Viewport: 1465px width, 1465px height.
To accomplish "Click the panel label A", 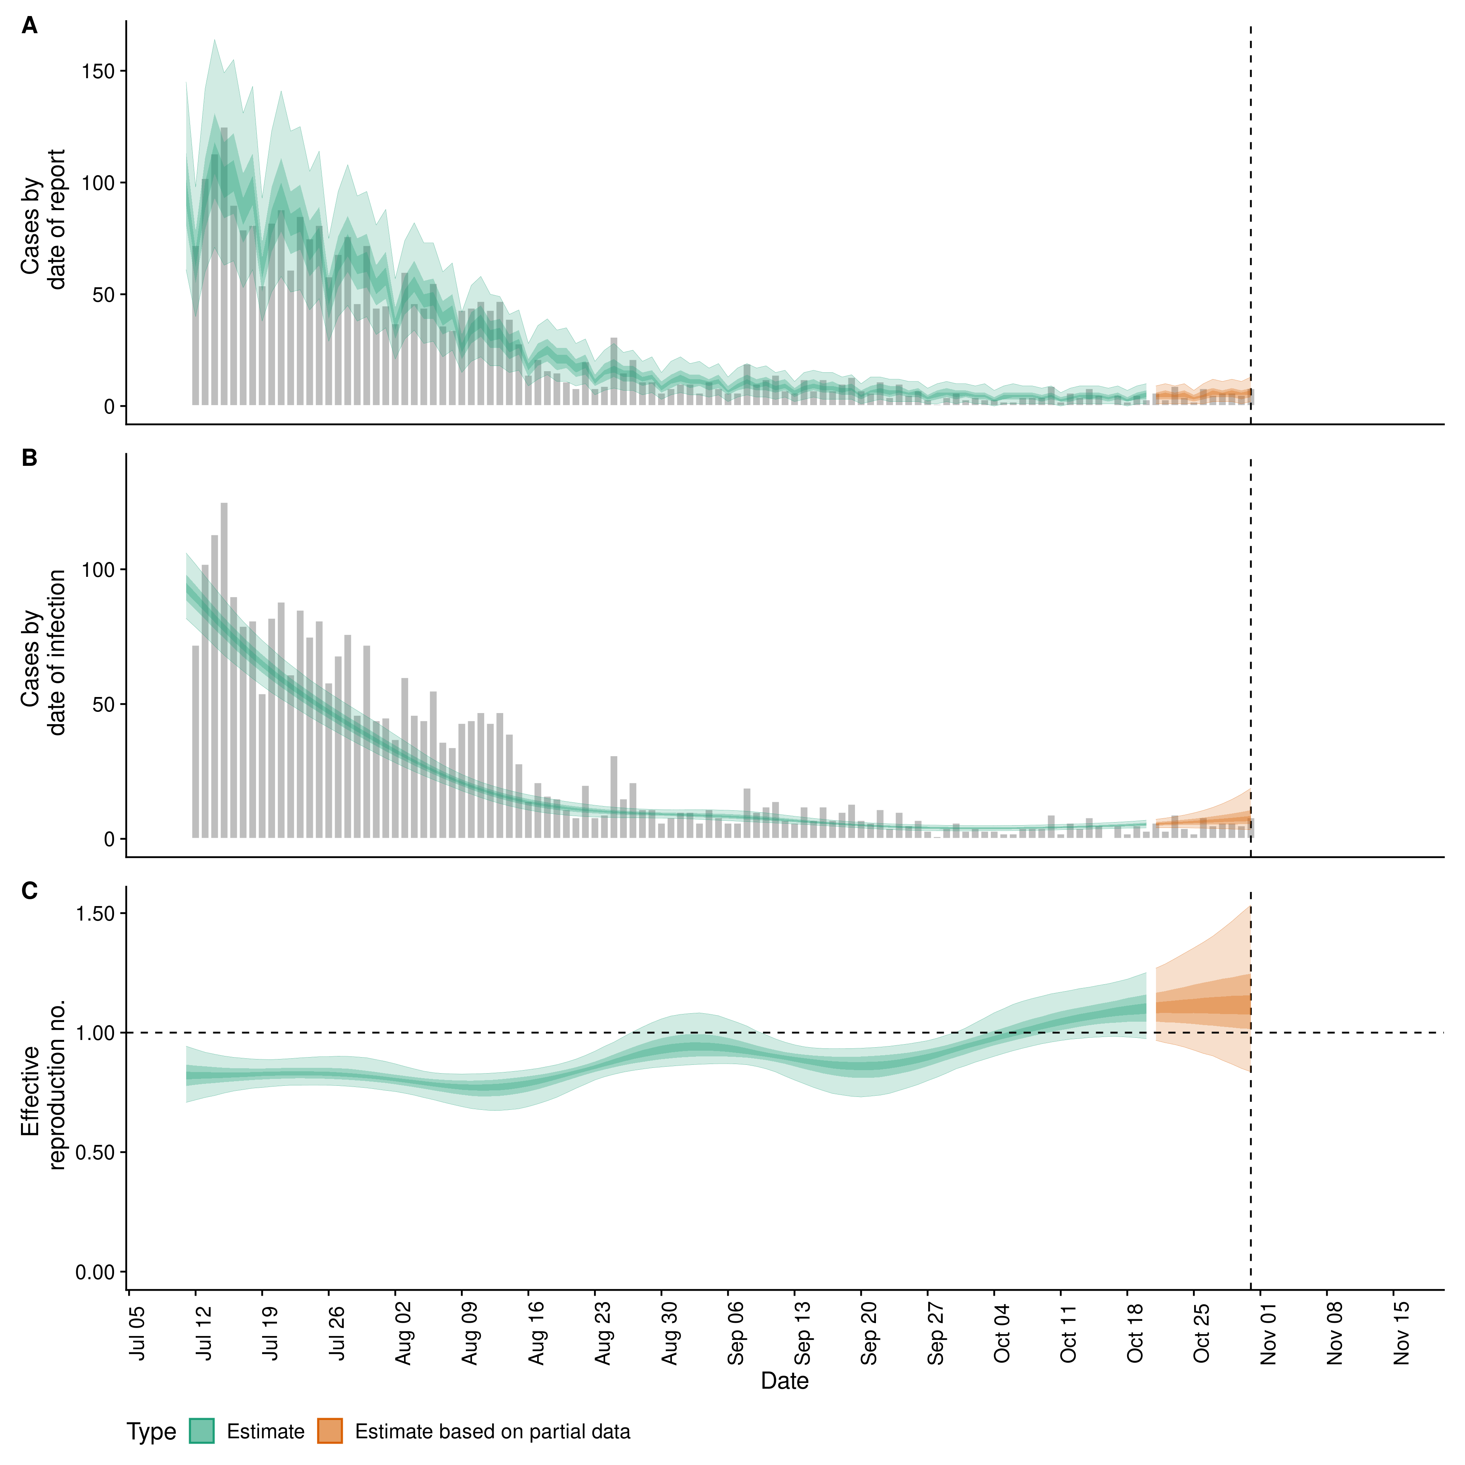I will point(30,27).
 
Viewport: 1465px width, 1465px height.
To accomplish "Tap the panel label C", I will point(30,891).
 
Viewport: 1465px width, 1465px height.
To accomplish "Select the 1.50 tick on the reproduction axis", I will point(95,914).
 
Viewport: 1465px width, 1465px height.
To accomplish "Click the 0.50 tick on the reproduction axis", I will point(95,1153).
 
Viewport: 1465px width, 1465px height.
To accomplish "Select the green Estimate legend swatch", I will point(202,1432).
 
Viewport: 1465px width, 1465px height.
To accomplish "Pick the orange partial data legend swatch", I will point(330,1432).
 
